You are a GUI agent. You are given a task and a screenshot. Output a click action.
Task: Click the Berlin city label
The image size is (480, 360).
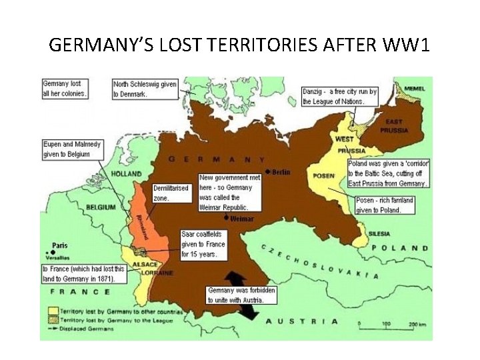pos(280,172)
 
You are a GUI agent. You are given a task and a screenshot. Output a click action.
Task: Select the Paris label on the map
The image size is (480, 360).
pos(60,245)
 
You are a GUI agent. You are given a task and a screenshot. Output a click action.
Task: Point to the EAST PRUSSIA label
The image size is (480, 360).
pos(394,125)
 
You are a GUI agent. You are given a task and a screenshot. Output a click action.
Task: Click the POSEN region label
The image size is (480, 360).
pos(324,176)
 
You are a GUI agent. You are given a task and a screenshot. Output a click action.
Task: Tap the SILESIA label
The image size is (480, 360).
pos(379,234)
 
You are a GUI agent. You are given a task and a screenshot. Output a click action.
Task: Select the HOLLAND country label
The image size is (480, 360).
pos(126,174)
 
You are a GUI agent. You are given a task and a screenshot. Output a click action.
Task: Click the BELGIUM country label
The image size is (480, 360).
pos(101,208)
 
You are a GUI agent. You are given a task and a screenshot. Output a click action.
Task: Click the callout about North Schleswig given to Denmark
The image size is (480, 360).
pos(145,89)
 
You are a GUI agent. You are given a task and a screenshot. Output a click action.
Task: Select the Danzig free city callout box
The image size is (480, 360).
pos(339,97)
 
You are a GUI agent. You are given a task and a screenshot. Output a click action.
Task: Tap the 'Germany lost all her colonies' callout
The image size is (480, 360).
pos(65,89)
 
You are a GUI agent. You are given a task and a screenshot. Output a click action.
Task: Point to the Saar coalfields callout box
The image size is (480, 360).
pos(203,245)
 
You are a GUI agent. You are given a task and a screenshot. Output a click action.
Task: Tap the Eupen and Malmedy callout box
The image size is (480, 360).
pos(66,149)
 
